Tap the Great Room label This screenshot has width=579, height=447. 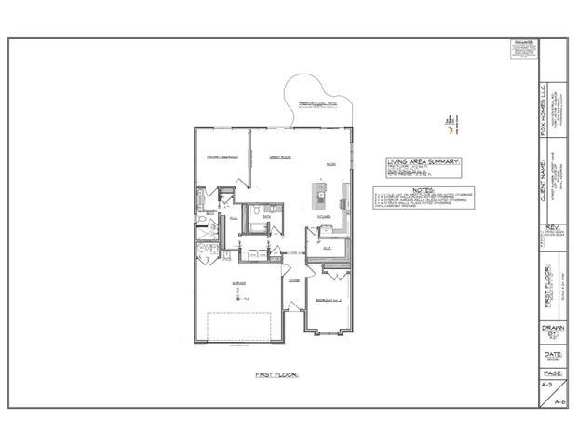[x=283, y=157]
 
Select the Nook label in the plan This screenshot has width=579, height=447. [x=330, y=163]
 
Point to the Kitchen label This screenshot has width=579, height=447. [x=325, y=215]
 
